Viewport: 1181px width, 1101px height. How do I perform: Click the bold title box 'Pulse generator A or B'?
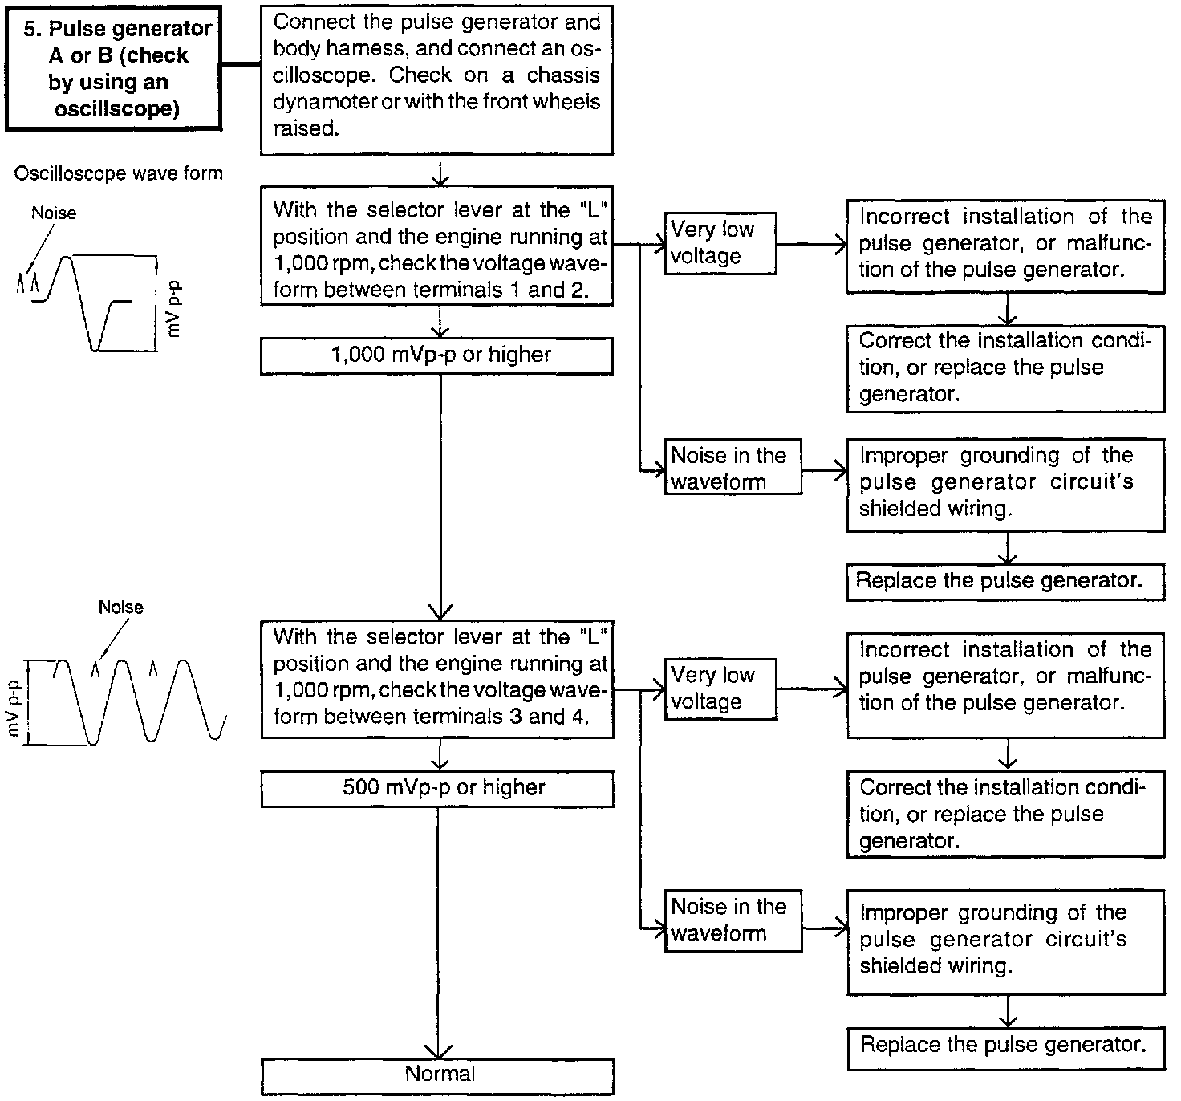(x=113, y=69)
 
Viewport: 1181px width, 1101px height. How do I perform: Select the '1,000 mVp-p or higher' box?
(x=436, y=355)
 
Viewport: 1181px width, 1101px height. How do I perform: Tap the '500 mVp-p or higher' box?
(x=436, y=789)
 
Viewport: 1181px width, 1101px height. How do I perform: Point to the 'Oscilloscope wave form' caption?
(x=118, y=173)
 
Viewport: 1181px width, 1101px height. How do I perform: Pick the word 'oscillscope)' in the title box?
(x=117, y=109)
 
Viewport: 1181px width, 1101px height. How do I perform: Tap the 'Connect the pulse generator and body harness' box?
(x=436, y=75)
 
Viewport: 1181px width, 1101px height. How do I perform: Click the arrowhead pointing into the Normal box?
(x=439, y=1052)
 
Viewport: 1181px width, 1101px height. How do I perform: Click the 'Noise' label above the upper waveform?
(x=54, y=213)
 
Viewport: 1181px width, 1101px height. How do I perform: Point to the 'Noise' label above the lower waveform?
(x=120, y=607)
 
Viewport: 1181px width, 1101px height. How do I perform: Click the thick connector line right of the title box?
(x=241, y=65)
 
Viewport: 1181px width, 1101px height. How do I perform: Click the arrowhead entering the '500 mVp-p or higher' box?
(x=440, y=765)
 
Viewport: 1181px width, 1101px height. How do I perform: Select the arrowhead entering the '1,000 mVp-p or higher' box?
(x=440, y=331)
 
